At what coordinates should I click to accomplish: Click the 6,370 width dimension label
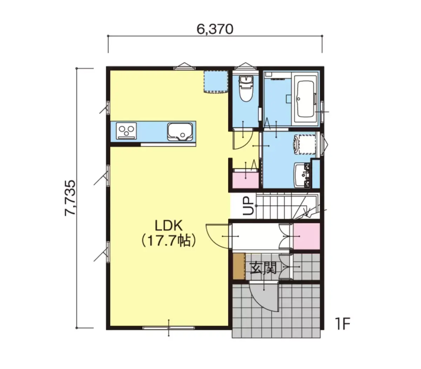click(x=215, y=29)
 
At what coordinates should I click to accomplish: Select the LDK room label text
click(x=168, y=226)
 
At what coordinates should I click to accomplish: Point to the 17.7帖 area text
click(x=168, y=240)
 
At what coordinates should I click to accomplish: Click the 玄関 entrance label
click(x=263, y=268)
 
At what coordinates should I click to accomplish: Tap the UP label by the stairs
click(x=248, y=205)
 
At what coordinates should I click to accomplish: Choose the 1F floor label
click(x=342, y=324)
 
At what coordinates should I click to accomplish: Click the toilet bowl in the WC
click(x=246, y=88)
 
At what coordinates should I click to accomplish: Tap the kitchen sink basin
click(x=180, y=131)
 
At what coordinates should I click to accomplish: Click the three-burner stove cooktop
click(x=126, y=131)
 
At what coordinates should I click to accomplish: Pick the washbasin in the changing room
click(x=302, y=175)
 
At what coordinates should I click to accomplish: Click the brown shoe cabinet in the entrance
click(x=239, y=266)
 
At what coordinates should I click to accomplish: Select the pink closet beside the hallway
click(x=307, y=237)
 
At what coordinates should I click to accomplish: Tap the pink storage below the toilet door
click(x=246, y=180)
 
